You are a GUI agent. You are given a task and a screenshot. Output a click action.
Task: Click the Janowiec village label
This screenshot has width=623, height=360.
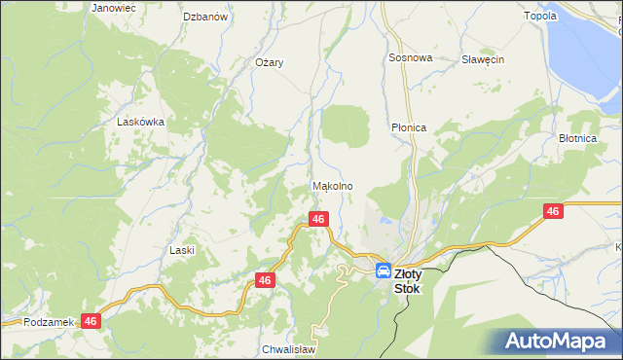(113, 8)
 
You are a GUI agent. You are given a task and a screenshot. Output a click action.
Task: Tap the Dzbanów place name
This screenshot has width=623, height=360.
(205, 17)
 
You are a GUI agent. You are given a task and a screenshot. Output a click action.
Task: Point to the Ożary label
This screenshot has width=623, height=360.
(269, 62)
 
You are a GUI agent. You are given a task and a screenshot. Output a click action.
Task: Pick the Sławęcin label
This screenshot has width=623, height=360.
(482, 59)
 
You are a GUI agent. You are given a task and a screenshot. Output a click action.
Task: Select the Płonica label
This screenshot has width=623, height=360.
(409, 127)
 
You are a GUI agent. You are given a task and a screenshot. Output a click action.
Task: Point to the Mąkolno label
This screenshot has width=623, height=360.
(331, 186)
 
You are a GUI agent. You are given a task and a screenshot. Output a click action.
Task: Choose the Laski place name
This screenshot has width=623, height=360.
(182, 250)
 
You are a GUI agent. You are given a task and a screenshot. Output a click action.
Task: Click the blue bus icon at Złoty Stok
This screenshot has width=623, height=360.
(384, 271)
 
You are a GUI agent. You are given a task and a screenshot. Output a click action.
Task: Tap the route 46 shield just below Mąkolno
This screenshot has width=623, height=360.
(317, 220)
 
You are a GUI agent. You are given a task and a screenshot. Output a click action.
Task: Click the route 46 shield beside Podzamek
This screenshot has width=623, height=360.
(92, 320)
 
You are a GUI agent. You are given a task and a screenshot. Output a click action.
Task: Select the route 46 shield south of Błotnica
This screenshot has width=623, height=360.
(553, 211)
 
